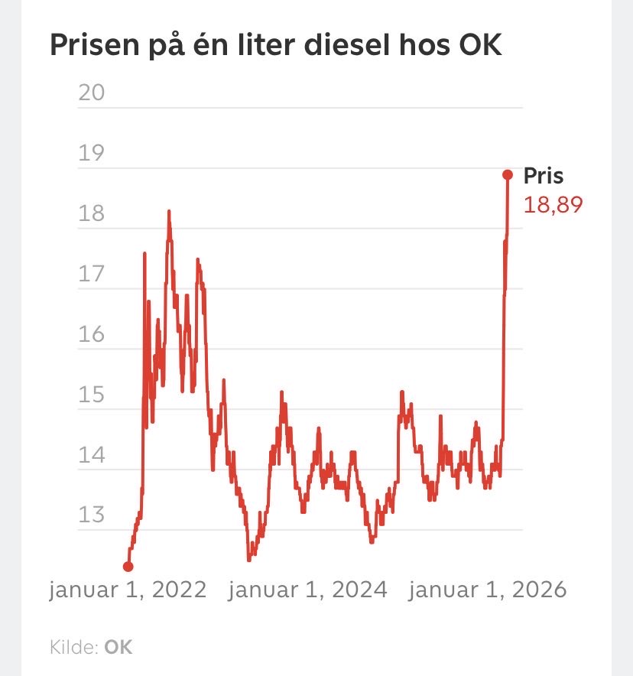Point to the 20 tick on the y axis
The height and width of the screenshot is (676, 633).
91,93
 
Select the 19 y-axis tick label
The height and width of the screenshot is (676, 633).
91,153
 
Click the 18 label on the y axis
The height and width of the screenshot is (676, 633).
91,213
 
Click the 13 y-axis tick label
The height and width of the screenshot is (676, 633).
91,515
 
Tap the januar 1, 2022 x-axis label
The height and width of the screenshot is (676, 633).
128,590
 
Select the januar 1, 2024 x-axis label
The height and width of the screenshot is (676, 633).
308,590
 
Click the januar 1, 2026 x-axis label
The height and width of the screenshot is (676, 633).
488,590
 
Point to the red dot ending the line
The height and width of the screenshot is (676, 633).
507,174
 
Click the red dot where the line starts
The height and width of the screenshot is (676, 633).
128,567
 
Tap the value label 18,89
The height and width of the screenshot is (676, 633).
553,204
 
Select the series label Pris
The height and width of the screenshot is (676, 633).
543,176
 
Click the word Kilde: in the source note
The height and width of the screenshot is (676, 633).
74,647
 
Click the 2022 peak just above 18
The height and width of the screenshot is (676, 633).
169,213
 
